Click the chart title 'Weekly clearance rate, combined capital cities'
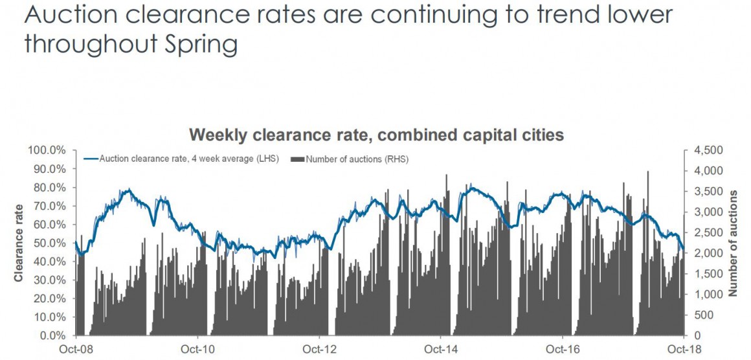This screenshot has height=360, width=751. pyautogui.click(x=376, y=135)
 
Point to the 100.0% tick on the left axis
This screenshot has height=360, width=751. pyautogui.click(x=47, y=150)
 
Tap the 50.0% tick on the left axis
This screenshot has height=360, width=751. pyautogui.click(x=50, y=243)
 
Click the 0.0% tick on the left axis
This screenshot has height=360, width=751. pyautogui.click(x=52, y=336)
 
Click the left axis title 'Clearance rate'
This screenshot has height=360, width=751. pyautogui.click(x=19, y=243)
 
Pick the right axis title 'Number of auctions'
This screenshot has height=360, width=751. pyautogui.click(x=733, y=243)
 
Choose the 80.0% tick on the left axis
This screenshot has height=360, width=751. pyautogui.click(x=50, y=187)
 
